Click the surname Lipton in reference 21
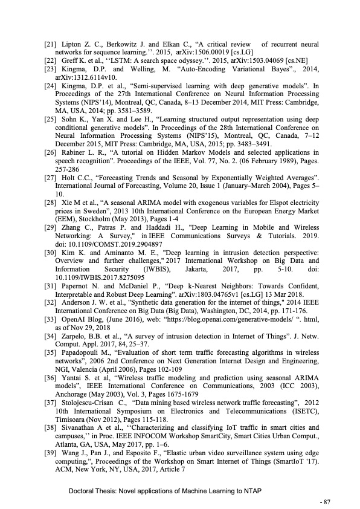(74, 44)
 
